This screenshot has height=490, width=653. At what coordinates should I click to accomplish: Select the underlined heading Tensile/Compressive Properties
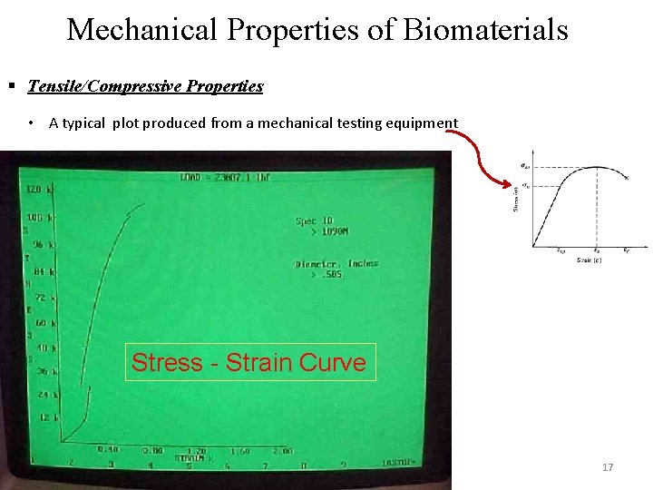coord(145,87)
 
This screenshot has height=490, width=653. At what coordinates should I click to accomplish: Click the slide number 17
coord(608,467)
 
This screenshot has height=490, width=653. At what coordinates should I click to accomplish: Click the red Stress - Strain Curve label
coord(249,363)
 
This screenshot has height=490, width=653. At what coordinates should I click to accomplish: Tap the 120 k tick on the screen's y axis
coord(38,191)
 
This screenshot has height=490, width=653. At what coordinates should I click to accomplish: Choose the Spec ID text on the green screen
coord(316,220)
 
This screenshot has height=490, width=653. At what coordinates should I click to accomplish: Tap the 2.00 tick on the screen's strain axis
coord(282,450)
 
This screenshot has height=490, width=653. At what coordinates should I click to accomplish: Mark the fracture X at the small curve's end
coord(627,179)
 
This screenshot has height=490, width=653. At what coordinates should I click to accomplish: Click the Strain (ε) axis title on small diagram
coord(590,260)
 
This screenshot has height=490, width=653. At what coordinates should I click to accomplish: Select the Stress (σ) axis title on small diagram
coord(516,198)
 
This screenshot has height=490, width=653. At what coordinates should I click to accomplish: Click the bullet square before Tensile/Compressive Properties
coord(13,87)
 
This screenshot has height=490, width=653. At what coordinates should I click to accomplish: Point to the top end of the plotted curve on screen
coord(143,204)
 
